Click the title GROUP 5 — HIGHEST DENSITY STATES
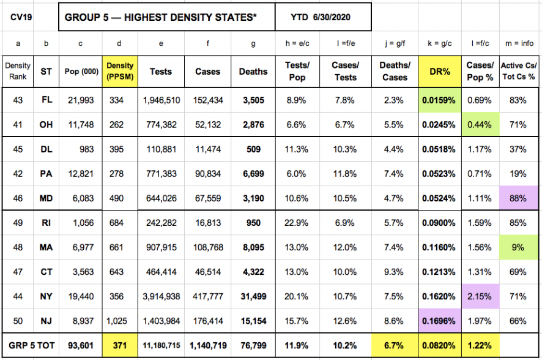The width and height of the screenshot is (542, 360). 161,17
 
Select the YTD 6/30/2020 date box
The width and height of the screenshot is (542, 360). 322,17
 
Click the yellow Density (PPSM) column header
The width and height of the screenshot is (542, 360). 119,71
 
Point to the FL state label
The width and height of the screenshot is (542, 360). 46,100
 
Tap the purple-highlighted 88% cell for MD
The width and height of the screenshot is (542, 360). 519,198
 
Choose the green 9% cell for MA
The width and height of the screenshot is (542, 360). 519,247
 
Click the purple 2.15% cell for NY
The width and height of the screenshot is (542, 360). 480,296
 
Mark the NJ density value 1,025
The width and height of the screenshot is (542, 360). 119,321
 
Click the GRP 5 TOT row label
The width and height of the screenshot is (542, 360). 29,346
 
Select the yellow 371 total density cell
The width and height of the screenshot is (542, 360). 119,346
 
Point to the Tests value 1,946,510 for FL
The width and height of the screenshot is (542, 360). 161,100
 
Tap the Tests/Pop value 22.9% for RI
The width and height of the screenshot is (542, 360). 297,223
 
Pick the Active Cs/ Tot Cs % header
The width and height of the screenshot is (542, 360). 519,71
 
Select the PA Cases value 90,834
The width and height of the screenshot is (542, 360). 208,174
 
